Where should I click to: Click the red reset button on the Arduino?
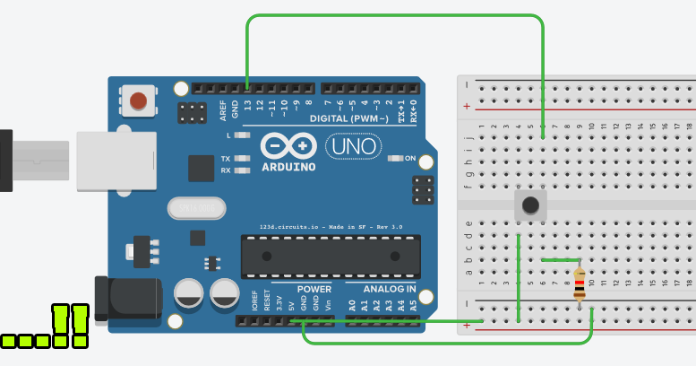coord(138,100)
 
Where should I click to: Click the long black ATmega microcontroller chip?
coord(331,257)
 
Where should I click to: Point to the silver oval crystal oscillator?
coord(195,208)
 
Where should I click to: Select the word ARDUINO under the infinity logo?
coord(288,167)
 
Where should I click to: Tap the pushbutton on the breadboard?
coord(531,205)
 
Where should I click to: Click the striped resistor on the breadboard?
coord(580,284)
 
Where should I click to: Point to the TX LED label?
coord(226,159)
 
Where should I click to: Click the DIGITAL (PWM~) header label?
coord(348,118)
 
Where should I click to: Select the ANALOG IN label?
coord(388,289)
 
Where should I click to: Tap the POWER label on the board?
coord(314,289)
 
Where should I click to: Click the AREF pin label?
coord(223,110)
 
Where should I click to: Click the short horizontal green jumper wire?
coord(561,260)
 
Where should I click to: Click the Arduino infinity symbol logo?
coord(288,145)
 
